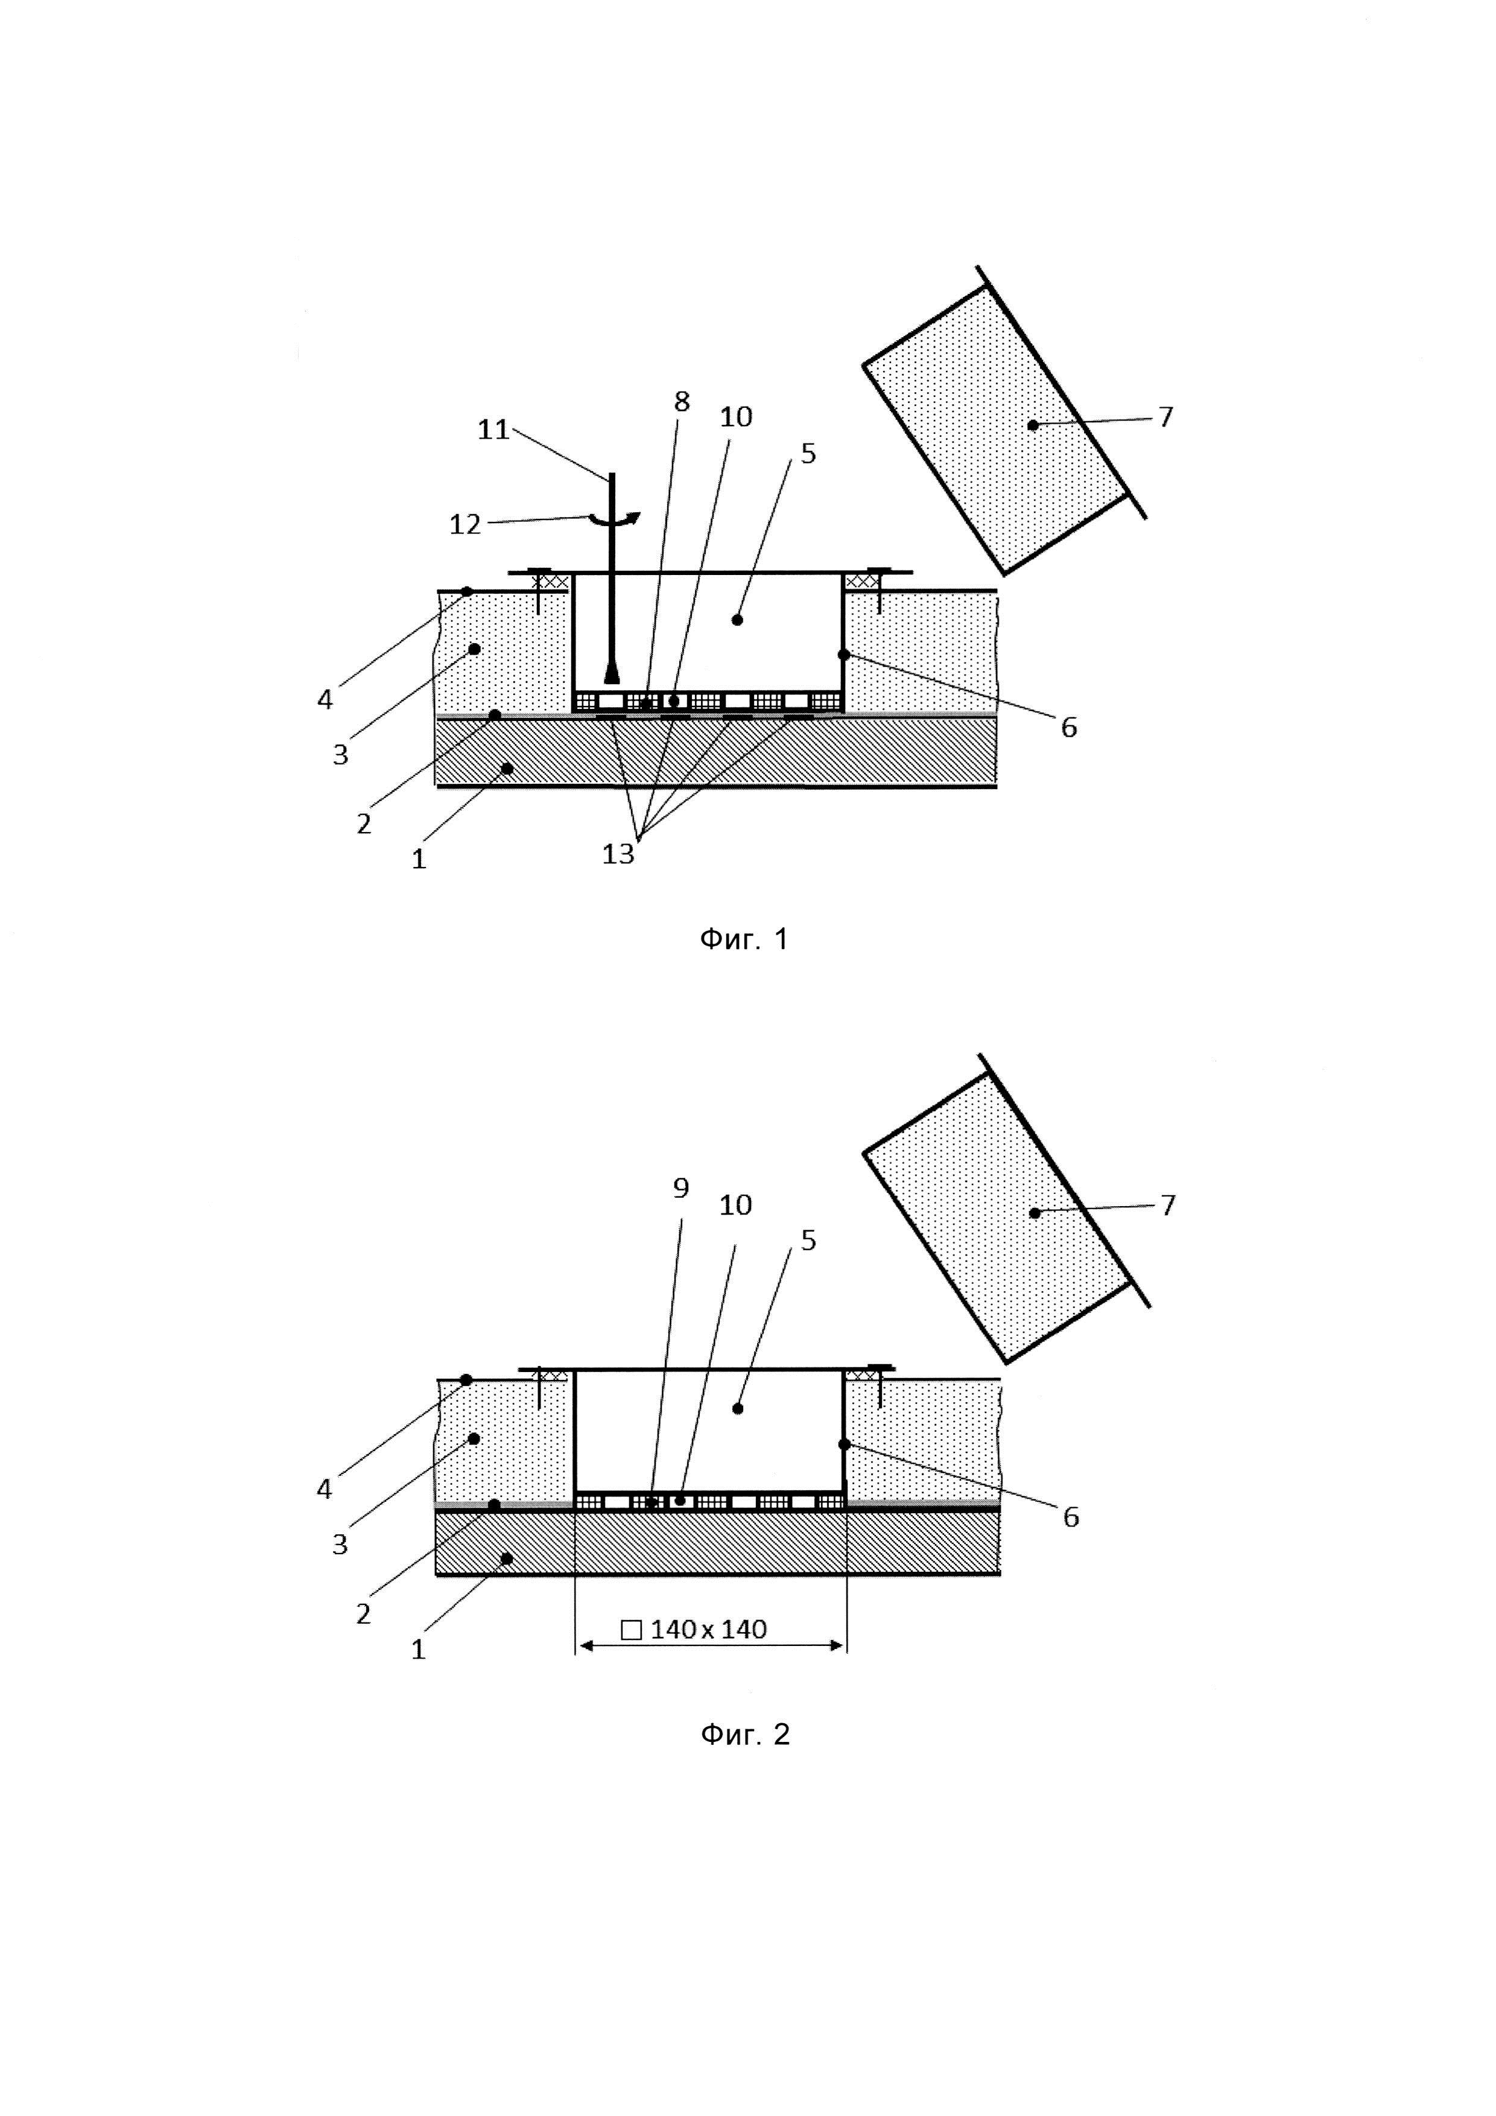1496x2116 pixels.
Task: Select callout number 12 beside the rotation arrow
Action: pos(465,524)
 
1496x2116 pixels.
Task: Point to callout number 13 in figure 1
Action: pos(618,854)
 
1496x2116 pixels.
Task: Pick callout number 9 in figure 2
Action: pos(681,1188)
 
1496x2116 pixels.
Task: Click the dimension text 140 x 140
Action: pos(708,1630)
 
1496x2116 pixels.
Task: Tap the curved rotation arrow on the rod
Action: pos(615,519)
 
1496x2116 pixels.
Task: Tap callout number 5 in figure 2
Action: pos(808,1241)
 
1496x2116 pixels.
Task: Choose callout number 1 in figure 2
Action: pos(418,1649)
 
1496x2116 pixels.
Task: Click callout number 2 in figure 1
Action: pos(364,823)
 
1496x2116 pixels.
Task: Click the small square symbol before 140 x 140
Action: pos(631,1630)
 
